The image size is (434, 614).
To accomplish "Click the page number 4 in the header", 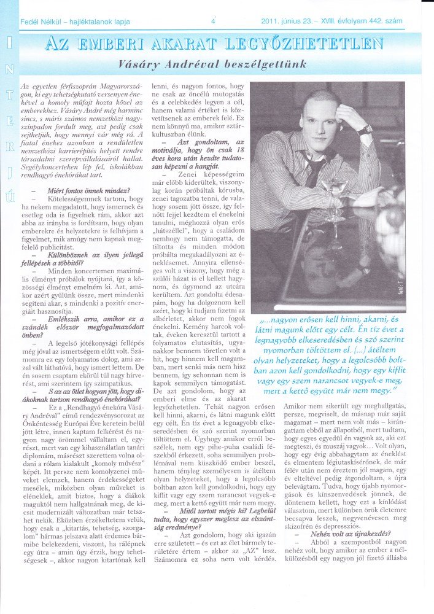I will tap(212, 20).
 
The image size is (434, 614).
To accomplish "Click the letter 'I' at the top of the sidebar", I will tap(10, 44).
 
